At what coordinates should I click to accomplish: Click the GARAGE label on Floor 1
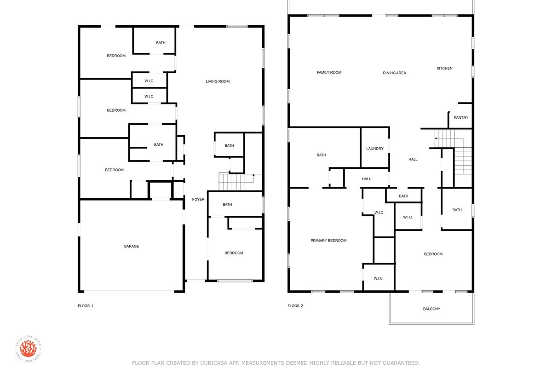click(x=131, y=246)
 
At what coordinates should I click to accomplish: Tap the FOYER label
click(x=198, y=199)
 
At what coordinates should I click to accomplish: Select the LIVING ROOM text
click(x=218, y=81)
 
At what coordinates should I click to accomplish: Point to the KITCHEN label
click(x=444, y=68)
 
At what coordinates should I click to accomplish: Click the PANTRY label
click(x=461, y=118)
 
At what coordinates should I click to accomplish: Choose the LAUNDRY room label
click(x=375, y=149)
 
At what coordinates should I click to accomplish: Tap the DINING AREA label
click(x=394, y=73)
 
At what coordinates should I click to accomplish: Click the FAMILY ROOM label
click(x=329, y=73)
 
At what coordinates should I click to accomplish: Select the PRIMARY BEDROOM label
click(x=328, y=241)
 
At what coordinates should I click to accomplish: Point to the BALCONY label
click(x=431, y=309)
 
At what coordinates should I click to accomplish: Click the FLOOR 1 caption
click(x=86, y=306)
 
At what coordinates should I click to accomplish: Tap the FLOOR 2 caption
click(x=295, y=306)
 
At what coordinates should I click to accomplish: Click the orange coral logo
click(x=28, y=349)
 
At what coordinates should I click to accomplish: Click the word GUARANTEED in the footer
click(x=401, y=363)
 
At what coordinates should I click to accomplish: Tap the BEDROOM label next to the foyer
click(x=234, y=253)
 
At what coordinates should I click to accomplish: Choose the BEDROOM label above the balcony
click(x=433, y=254)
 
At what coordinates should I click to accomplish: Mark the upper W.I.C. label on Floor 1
click(x=149, y=81)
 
